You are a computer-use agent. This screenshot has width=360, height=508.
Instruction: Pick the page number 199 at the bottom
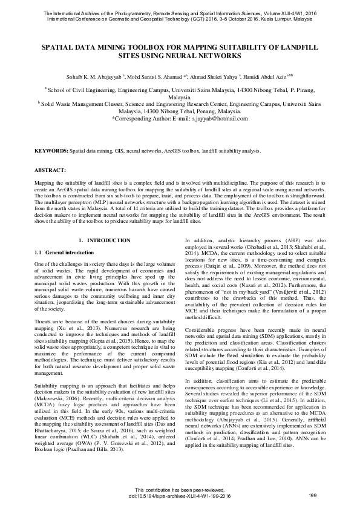pos(313,496)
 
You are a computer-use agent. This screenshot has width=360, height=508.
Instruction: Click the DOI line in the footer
pos(180,496)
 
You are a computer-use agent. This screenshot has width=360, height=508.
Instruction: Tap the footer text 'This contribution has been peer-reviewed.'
pos(180,490)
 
